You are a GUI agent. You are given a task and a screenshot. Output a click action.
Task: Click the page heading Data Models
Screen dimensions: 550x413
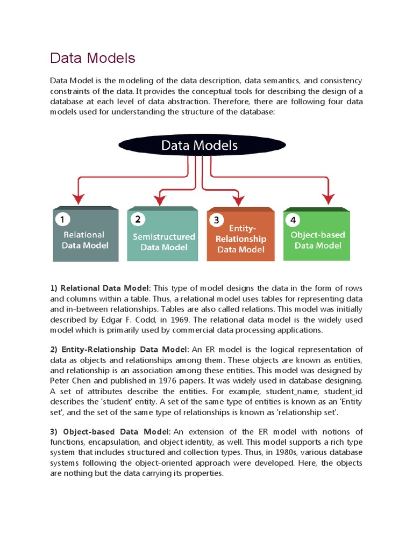tap(92, 58)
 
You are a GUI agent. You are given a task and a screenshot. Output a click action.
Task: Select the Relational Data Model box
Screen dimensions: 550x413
tap(85, 236)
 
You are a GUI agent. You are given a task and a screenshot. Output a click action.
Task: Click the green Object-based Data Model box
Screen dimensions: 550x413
tap(317, 236)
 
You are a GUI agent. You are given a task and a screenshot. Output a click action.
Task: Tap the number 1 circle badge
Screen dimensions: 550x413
tap(62, 219)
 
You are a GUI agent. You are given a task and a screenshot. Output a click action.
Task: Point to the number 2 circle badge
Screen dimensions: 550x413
tap(138, 219)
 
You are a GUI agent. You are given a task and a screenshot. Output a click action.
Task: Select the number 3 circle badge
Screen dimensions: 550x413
tap(216, 220)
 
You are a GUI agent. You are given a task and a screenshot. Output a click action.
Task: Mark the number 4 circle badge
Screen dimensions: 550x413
tap(293, 220)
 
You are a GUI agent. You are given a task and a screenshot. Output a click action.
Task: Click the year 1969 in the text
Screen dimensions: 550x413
tap(162, 320)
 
